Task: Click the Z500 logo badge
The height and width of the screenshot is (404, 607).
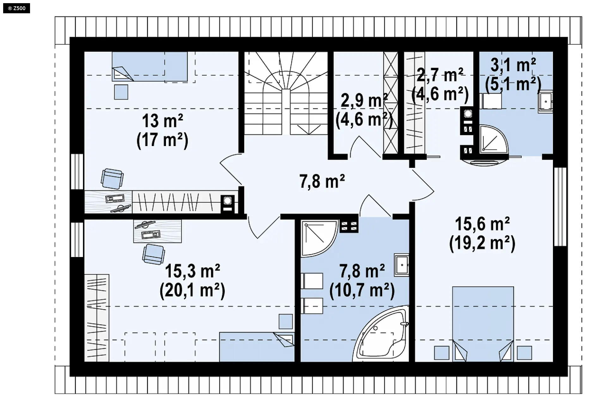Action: click(16, 8)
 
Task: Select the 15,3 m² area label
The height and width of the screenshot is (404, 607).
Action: click(193, 271)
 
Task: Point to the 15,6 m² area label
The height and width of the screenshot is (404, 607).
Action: click(482, 224)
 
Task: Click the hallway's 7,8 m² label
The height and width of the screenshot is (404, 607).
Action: click(322, 181)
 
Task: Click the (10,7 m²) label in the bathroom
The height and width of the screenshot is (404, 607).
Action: click(362, 290)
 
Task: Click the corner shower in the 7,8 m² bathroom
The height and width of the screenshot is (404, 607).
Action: click(320, 239)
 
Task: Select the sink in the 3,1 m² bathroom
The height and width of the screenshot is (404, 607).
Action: click(546, 102)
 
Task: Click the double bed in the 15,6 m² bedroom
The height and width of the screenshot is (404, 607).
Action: click(483, 324)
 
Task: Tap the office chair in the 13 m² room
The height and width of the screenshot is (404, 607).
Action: click(112, 179)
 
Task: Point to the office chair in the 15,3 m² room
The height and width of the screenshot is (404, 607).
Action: click(154, 254)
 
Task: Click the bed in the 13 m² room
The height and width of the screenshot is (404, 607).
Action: click(150, 66)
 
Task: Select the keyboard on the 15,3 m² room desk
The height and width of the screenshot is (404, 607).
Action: click(151, 235)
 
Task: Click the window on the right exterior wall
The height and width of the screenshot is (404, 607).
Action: click(560, 207)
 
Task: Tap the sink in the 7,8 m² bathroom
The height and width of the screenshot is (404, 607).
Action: click(402, 265)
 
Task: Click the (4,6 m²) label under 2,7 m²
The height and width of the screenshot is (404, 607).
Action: click(440, 94)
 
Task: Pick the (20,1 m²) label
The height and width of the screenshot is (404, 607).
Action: click(193, 290)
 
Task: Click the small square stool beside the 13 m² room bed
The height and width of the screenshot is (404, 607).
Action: click(121, 92)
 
